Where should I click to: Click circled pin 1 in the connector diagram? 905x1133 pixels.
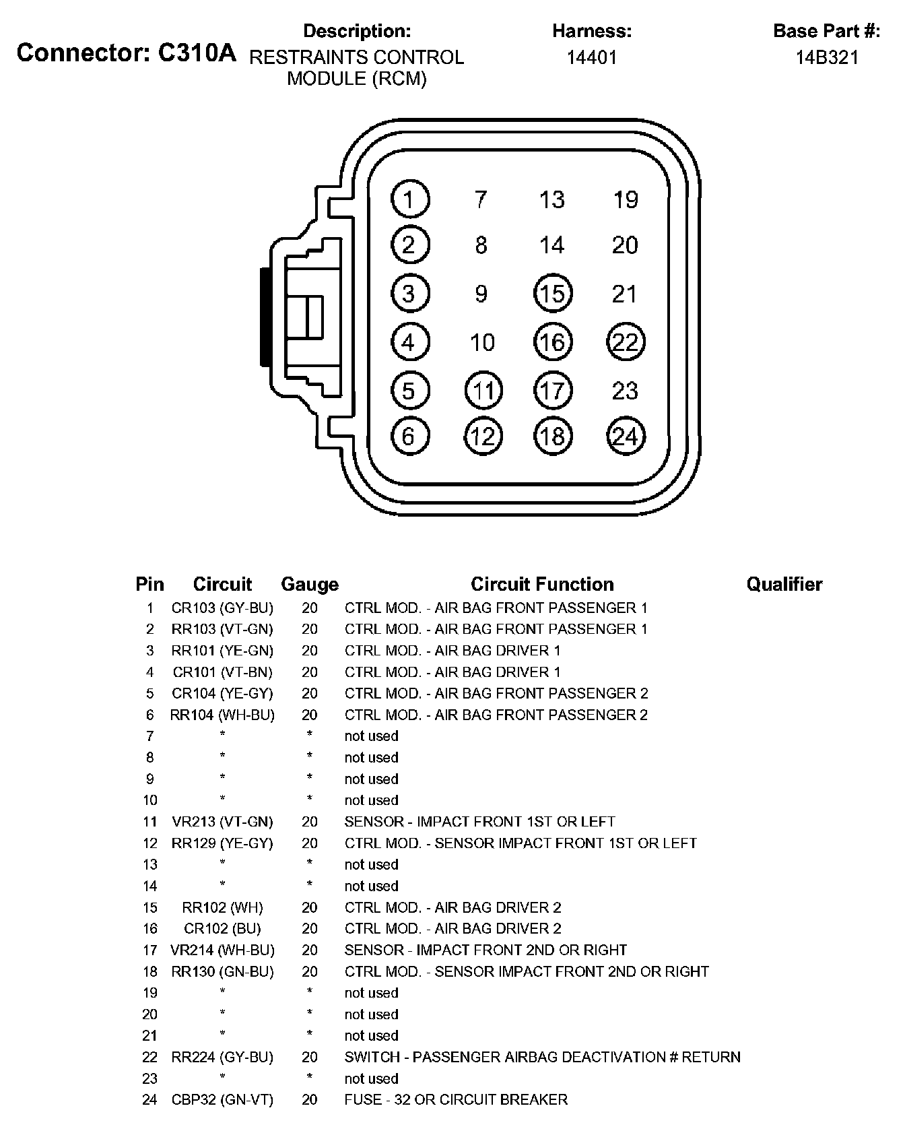pyautogui.click(x=409, y=199)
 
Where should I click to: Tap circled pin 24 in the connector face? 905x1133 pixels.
pyautogui.click(x=626, y=436)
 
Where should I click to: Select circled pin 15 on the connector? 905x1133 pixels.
pyautogui.click(x=553, y=294)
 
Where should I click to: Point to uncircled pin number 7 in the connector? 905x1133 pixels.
pyautogui.click(x=480, y=199)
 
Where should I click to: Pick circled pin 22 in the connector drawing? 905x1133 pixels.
pyautogui.click(x=626, y=342)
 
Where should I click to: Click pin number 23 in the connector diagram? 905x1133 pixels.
pyautogui.click(x=625, y=391)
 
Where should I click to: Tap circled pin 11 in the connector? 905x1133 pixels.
pyautogui.click(x=483, y=391)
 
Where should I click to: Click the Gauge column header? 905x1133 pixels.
pyautogui.click(x=310, y=584)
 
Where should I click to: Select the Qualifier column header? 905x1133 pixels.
pyautogui.click(x=784, y=584)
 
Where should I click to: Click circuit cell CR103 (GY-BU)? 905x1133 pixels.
pyautogui.click(x=222, y=608)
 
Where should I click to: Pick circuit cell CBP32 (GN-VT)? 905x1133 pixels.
pyautogui.click(x=222, y=1100)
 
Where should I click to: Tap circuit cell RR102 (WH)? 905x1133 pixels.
pyautogui.click(x=222, y=907)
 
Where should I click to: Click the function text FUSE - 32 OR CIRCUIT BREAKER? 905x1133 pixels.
pyautogui.click(x=456, y=1100)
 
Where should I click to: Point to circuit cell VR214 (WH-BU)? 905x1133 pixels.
pyautogui.click(x=222, y=950)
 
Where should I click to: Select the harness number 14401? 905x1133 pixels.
pyautogui.click(x=591, y=57)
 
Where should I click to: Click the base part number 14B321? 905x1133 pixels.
pyautogui.click(x=827, y=57)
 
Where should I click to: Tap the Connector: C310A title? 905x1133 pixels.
pyautogui.click(x=127, y=53)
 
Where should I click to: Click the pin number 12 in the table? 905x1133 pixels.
pyautogui.click(x=149, y=843)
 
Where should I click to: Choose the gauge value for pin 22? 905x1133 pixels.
pyautogui.click(x=310, y=1058)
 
